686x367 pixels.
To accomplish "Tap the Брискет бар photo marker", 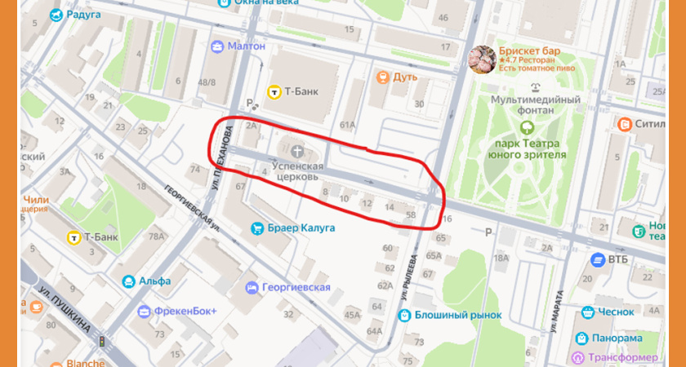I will point(481,60).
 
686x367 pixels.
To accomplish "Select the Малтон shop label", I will point(247,46).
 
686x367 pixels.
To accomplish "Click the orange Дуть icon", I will point(381,77).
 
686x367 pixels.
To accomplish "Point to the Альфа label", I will point(154,281).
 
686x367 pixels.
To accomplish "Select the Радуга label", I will point(84,15).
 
